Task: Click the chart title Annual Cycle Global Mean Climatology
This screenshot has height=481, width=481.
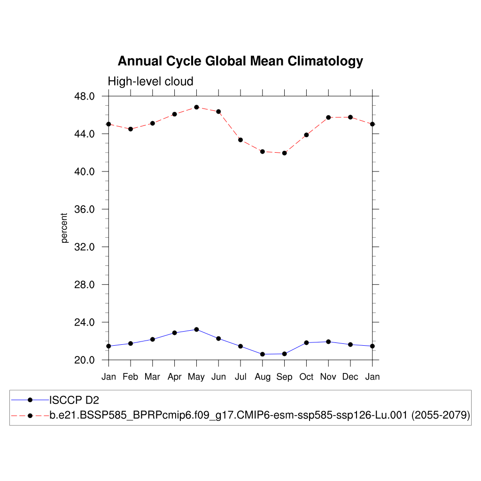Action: pos(240,62)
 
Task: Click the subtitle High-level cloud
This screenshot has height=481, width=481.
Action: pos(150,82)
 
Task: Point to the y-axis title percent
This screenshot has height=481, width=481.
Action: pos(64,228)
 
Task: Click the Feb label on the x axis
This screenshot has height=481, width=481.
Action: pos(130,377)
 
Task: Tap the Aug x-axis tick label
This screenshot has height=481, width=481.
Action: pos(262,377)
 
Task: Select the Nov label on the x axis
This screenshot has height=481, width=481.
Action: pos(328,377)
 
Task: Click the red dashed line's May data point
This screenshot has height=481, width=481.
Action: pos(196,107)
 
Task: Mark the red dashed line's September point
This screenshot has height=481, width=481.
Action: pos(284,153)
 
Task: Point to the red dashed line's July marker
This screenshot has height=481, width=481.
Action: pos(240,140)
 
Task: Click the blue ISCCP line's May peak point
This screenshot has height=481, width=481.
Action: pos(196,329)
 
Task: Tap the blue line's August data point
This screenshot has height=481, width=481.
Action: pos(262,354)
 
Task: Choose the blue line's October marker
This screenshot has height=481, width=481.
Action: pos(306,342)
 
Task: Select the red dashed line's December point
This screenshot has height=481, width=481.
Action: pos(350,117)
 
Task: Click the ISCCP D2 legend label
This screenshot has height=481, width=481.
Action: pos(74,400)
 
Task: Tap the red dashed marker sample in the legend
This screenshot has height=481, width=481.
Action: pos(30,416)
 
